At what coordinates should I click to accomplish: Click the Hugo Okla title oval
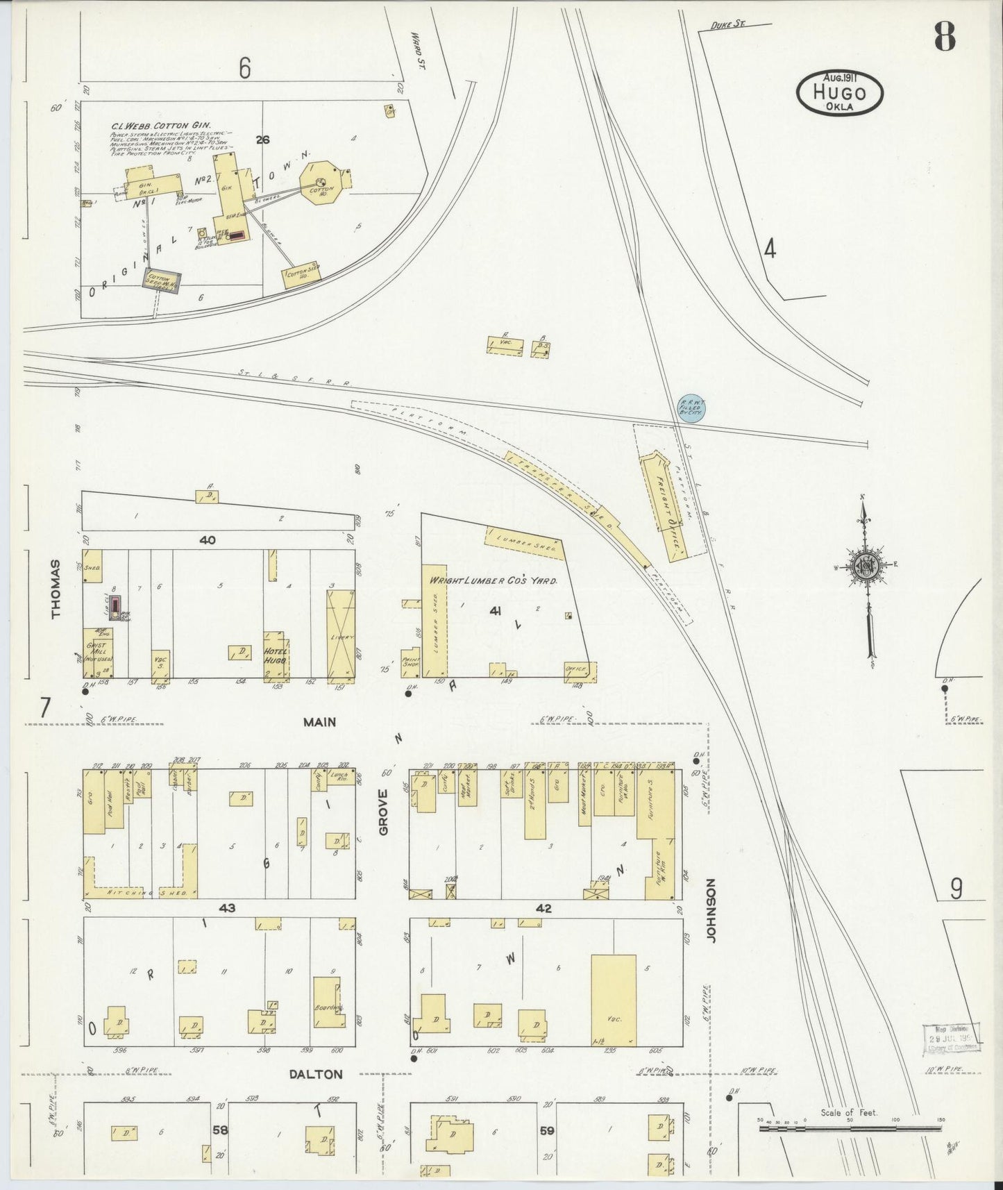[840, 92]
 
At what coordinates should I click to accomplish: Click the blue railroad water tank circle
[691, 408]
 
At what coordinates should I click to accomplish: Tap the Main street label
[319, 722]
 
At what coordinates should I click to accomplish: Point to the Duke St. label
[727, 25]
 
